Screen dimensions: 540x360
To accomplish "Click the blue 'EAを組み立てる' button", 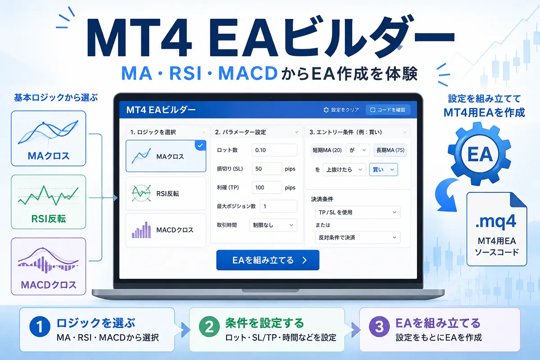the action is coord(268,260).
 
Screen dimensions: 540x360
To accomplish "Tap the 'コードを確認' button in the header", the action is coord(388,110).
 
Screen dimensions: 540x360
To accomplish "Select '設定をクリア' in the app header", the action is coord(341,110).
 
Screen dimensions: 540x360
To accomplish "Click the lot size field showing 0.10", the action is coord(274,150).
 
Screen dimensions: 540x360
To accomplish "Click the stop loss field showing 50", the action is coord(267,169).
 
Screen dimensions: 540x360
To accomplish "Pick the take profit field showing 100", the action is coord(267,187).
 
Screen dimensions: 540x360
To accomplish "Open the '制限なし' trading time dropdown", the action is coord(273,225).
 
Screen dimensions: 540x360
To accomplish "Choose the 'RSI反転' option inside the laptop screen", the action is coord(166,193).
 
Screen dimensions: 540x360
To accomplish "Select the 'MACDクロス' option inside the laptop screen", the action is coord(166,230).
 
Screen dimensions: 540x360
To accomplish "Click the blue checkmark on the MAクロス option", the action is coord(200,146).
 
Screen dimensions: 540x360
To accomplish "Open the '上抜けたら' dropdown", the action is coord(344,169).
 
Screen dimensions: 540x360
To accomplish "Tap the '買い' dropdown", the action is coord(383,169).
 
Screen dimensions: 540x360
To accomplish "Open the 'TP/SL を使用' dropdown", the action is coord(358,212).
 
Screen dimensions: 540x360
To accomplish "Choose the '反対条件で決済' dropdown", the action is coord(358,237).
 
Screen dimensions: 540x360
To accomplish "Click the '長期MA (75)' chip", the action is coord(390,150).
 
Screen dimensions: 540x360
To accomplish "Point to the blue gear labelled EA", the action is coord(480,154).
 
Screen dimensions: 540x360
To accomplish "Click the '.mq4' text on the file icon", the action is coord(495,221).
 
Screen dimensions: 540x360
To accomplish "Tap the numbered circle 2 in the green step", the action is coord(209,327).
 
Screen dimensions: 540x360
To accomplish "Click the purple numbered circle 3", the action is coord(379,327).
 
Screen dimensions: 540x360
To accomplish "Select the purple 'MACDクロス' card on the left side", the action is coord(48,266).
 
